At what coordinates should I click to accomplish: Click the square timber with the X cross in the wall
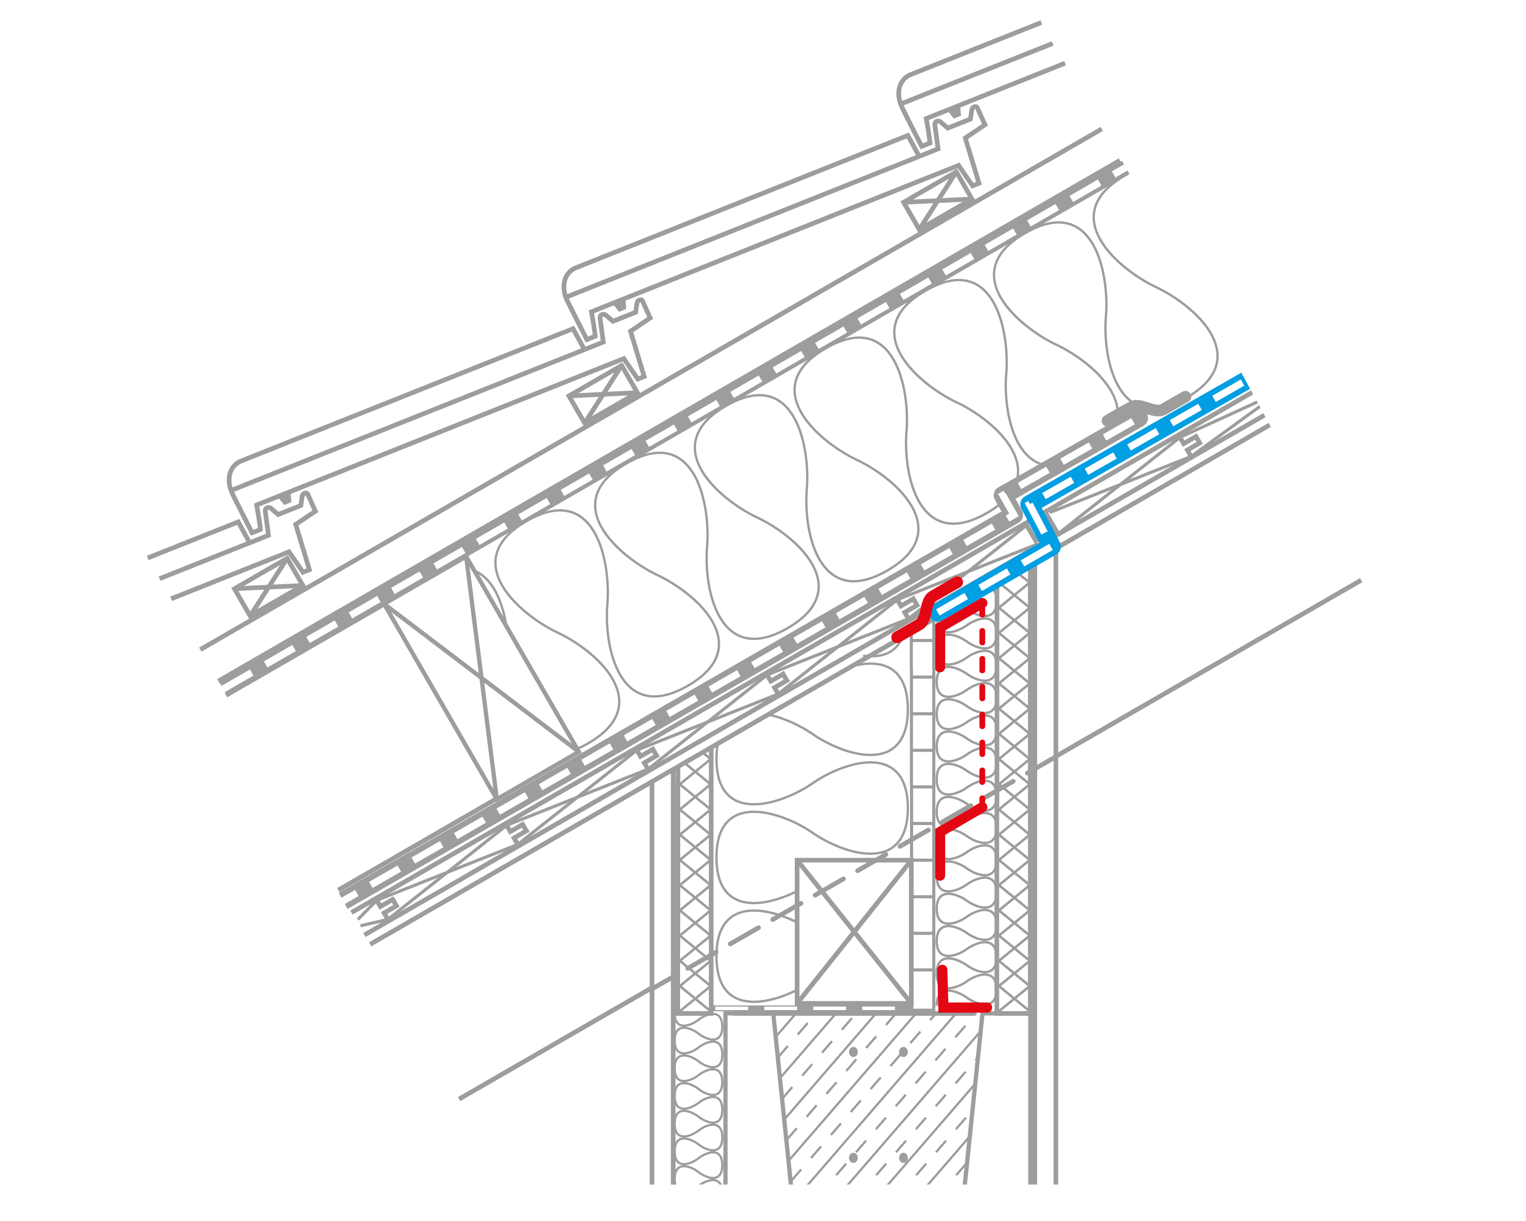(854, 932)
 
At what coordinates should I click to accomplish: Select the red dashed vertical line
(982, 708)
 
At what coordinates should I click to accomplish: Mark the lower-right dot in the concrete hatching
(903, 1158)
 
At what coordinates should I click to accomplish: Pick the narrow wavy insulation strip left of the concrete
(698, 1104)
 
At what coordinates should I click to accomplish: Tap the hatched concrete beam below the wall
(877, 1104)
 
